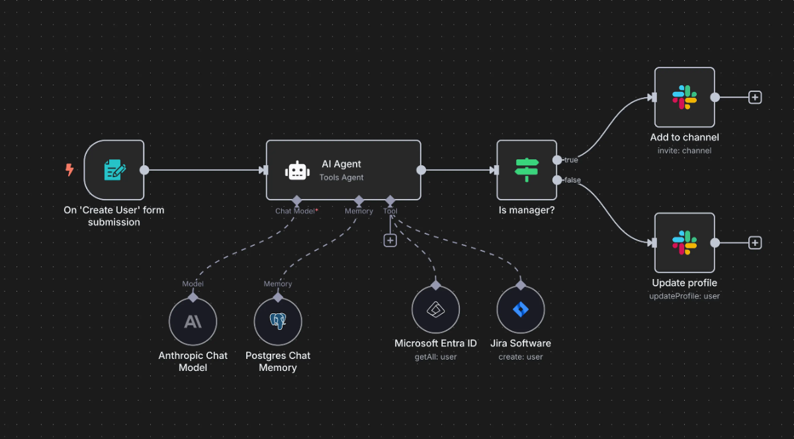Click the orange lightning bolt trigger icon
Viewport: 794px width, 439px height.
69,170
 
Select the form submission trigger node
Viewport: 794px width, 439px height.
114,170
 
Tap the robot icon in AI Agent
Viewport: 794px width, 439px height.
297,171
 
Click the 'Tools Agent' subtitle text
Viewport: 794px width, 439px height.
341,177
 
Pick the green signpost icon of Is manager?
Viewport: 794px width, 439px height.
527,170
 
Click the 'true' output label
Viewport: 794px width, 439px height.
571,160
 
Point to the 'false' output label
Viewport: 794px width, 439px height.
572,180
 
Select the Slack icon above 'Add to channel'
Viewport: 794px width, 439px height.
684,97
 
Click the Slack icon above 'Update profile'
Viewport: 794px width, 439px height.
684,243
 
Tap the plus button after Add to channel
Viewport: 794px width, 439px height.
755,97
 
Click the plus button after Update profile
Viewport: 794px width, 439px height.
755,243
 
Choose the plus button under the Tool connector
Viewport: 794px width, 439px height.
390,241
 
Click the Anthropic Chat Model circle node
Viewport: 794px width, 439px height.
193,322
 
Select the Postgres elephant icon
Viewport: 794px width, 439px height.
278,321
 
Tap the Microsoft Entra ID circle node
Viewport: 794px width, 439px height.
435,309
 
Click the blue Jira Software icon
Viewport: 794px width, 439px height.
521,309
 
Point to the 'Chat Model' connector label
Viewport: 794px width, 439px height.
295,211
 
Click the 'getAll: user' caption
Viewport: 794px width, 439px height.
435,357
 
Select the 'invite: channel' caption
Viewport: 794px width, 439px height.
684,151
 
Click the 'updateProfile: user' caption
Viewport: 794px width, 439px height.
684,296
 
